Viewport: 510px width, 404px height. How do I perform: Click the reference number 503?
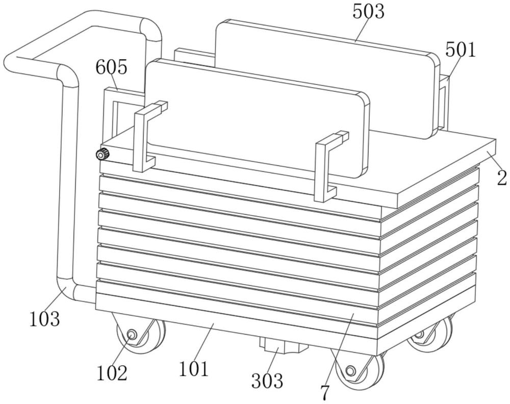(x=368, y=11)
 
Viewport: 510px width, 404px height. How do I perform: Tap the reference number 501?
(x=460, y=50)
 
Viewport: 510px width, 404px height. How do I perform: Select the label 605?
(x=111, y=67)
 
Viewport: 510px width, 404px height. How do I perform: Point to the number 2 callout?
(x=502, y=178)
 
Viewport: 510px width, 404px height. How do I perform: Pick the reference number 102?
(x=112, y=373)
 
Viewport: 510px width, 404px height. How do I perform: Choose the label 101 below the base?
(x=194, y=368)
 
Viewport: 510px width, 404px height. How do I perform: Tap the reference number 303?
(x=266, y=380)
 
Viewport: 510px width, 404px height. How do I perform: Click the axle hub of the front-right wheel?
(x=350, y=371)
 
